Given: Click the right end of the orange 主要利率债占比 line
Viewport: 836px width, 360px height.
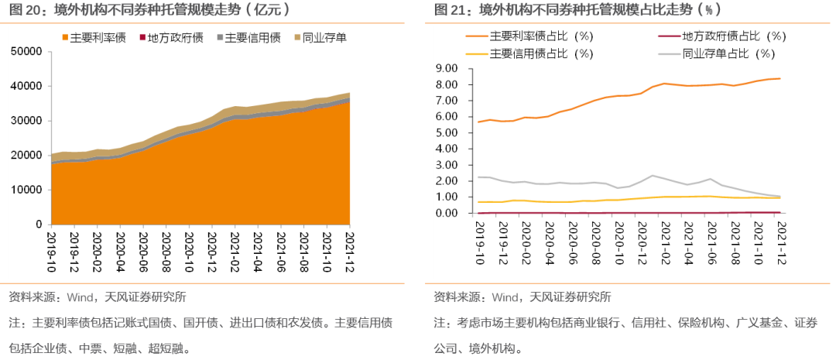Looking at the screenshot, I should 779,78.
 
